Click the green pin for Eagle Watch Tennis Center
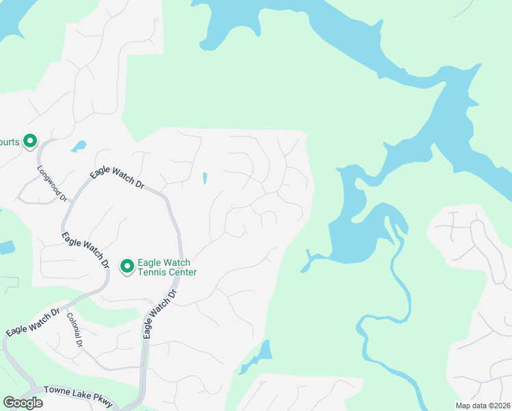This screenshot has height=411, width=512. point(127,266)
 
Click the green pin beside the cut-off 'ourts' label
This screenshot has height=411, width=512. point(30,141)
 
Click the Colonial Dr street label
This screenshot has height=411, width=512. point(75,330)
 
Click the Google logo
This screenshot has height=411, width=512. point(23,403)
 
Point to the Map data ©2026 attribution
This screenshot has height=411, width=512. point(482,405)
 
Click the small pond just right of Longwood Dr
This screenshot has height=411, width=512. point(79,146)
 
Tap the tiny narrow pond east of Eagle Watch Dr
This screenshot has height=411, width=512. point(205,178)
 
